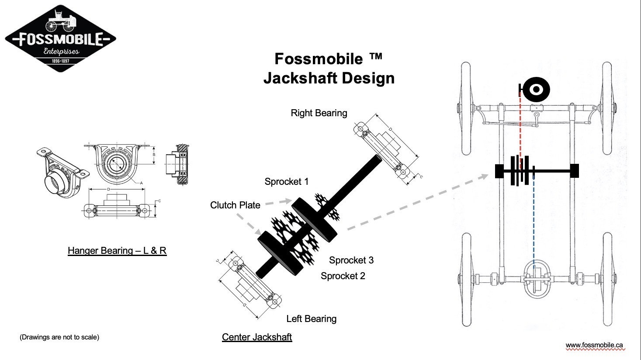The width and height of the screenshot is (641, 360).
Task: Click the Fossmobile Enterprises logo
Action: coord(60,38)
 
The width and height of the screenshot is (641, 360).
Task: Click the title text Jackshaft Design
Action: coord(329,78)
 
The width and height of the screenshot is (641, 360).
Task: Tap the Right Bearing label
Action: coord(319,113)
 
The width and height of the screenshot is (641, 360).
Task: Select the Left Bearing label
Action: coord(311,319)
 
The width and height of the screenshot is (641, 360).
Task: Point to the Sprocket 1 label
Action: coord(286,182)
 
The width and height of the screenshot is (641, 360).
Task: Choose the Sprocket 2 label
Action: coord(343,276)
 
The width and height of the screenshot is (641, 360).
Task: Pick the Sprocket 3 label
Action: coord(351,260)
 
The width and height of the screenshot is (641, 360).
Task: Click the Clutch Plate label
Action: coord(235,205)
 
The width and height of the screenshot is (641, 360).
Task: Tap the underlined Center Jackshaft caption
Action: coord(257,337)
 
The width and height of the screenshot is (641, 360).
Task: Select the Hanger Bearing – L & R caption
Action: coord(117,251)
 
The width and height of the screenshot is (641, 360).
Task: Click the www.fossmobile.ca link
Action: coord(594,345)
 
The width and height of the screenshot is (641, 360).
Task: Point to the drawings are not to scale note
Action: coord(59,337)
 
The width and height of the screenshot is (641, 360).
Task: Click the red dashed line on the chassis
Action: coord(520,127)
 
